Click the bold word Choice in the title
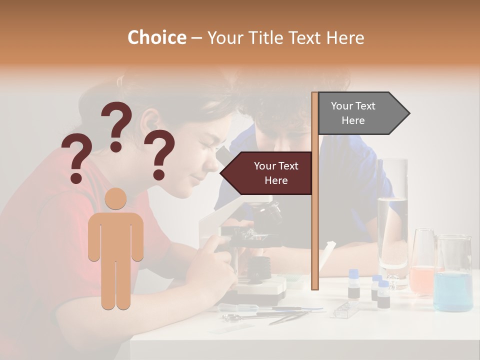[x=156, y=38]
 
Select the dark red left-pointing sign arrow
[x=267, y=173]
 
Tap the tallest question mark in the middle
[x=117, y=125]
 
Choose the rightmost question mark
[x=159, y=154]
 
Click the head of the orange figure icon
[x=115, y=198]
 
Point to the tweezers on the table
[x=290, y=316]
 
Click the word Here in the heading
[x=345, y=38]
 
